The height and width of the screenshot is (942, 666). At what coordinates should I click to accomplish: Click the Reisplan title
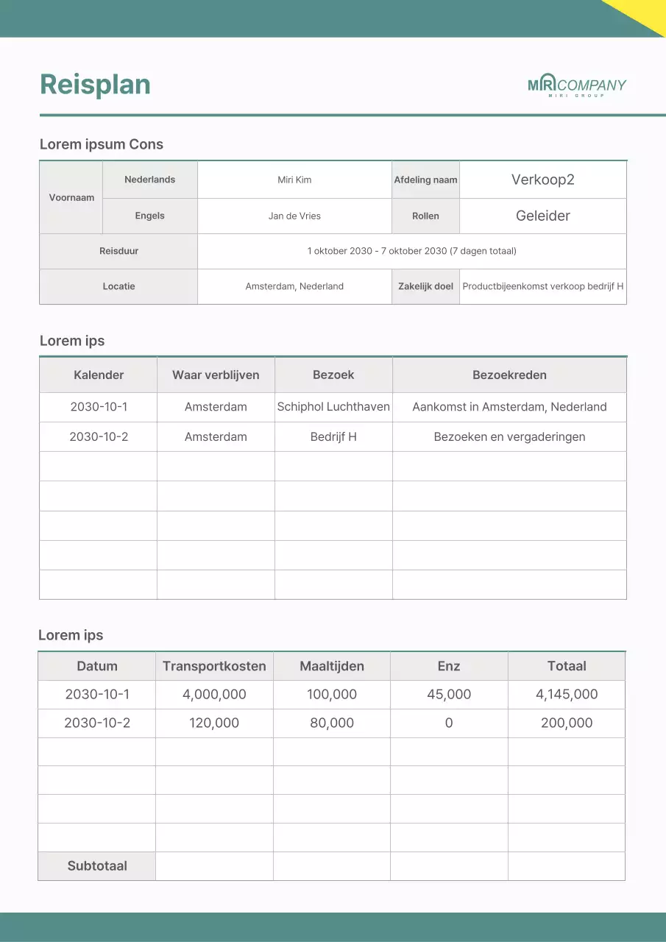95,85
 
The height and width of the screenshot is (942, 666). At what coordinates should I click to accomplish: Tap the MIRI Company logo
576,85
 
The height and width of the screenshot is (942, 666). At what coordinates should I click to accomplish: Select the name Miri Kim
294,180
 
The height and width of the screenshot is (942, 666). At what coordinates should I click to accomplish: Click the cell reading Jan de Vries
294,216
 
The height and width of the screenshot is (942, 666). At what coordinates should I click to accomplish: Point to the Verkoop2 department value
542,180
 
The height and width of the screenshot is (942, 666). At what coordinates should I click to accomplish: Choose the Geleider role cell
542,216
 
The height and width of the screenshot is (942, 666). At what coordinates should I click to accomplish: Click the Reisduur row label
118,251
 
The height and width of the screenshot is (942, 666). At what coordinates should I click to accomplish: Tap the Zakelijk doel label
425,286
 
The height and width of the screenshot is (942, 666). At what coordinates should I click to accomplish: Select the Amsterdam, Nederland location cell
294,286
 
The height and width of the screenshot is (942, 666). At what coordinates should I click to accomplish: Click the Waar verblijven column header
216,375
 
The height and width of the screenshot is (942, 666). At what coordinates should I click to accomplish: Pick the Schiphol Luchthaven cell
333,407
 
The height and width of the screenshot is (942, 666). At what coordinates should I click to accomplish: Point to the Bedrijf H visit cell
333,436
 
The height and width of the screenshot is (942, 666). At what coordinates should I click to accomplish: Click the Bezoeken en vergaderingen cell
509,436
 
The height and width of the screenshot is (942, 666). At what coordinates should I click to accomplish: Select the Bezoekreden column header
509,375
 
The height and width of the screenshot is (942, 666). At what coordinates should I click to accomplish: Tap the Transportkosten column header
214,666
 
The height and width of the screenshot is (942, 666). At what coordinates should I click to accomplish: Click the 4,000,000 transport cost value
214,694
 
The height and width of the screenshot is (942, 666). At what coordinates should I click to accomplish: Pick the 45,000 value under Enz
449,694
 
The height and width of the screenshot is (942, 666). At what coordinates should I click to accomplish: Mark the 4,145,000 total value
567,694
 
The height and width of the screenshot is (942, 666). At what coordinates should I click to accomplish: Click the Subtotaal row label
97,865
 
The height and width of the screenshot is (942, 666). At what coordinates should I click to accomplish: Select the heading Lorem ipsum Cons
102,144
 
